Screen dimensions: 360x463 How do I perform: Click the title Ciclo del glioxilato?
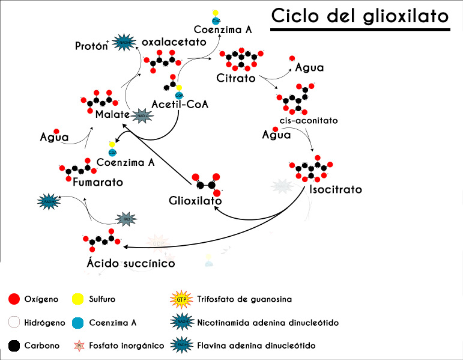tap(360, 16)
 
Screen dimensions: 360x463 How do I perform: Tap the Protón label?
tap(92, 46)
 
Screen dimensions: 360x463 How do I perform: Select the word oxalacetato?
tap(174, 43)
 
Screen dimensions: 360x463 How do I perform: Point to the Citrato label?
tap(236, 78)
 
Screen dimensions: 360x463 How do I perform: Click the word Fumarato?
tap(97, 182)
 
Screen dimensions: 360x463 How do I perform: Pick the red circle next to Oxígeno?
tap(15, 299)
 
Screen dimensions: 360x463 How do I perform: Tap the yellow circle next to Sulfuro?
tap(77, 299)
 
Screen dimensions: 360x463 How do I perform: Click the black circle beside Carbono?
tap(15, 346)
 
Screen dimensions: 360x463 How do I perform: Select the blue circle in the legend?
tap(77, 323)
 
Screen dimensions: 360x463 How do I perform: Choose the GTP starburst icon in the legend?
tap(181, 299)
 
